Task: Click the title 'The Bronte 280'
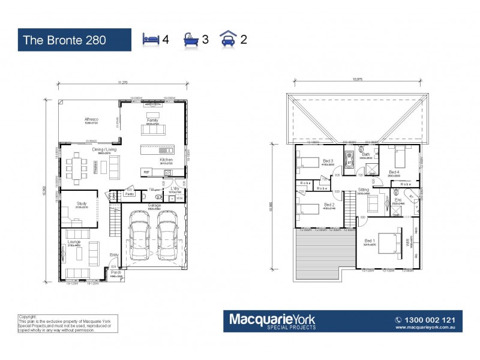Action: (65, 40)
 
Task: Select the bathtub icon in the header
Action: (191, 40)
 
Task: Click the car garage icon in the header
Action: (230, 40)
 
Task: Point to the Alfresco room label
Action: (91, 120)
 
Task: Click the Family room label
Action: (152, 120)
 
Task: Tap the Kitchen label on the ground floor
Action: (166, 160)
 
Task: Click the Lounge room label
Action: (74, 242)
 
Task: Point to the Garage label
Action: (155, 205)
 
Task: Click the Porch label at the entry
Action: (115, 272)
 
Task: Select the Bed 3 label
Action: (328, 161)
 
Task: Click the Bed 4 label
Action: (394, 172)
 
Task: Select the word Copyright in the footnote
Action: (28, 316)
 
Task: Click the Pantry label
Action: (130, 194)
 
